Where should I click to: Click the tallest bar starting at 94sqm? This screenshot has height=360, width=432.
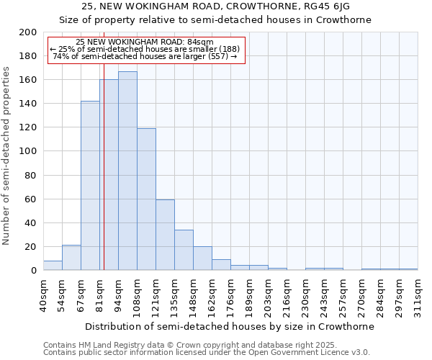[127, 171]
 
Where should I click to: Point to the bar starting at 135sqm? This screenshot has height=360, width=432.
[184, 250]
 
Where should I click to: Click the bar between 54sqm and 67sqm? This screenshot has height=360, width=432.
[71, 258]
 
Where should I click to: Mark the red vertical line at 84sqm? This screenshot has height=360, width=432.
[104, 180]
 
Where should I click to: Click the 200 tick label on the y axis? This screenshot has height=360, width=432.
[28, 32]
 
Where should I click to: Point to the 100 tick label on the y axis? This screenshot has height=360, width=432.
[28, 151]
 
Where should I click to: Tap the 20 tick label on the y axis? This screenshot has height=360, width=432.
[31, 247]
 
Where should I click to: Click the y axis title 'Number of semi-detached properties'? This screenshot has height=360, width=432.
[7, 156]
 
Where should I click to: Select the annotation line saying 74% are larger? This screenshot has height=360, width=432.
[145, 56]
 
